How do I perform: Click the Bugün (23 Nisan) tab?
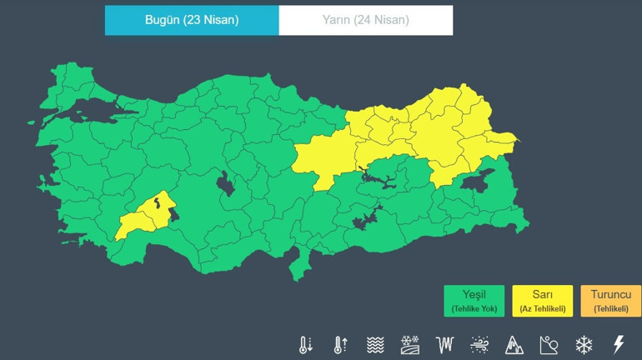pyautogui.click(x=192, y=20)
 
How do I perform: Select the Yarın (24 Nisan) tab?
pyautogui.click(x=366, y=20)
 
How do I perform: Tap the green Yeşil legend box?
pyautogui.click(x=474, y=301)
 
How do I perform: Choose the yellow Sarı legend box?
pyautogui.click(x=542, y=301)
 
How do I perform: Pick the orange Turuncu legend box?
pyautogui.click(x=610, y=301)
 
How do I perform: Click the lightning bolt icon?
pyautogui.click(x=619, y=344)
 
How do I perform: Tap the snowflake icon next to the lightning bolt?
pyautogui.click(x=584, y=344)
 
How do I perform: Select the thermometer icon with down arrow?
pyautogui.click(x=306, y=344)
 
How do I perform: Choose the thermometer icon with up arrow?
pyautogui.click(x=340, y=344)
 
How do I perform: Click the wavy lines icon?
pyautogui.click(x=375, y=344)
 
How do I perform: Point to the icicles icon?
pyautogui.click(x=444, y=344)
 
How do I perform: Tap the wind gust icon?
pyautogui.click(x=479, y=344)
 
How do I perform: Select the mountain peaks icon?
pyautogui.click(x=514, y=344)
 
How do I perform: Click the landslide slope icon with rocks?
pyautogui.click(x=549, y=344)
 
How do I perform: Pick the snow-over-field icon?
pyautogui.click(x=410, y=344)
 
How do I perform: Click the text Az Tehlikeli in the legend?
pyautogui.click(x=542, y=309)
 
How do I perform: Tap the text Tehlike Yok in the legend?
pyautogui.click(x=474, y=309)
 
